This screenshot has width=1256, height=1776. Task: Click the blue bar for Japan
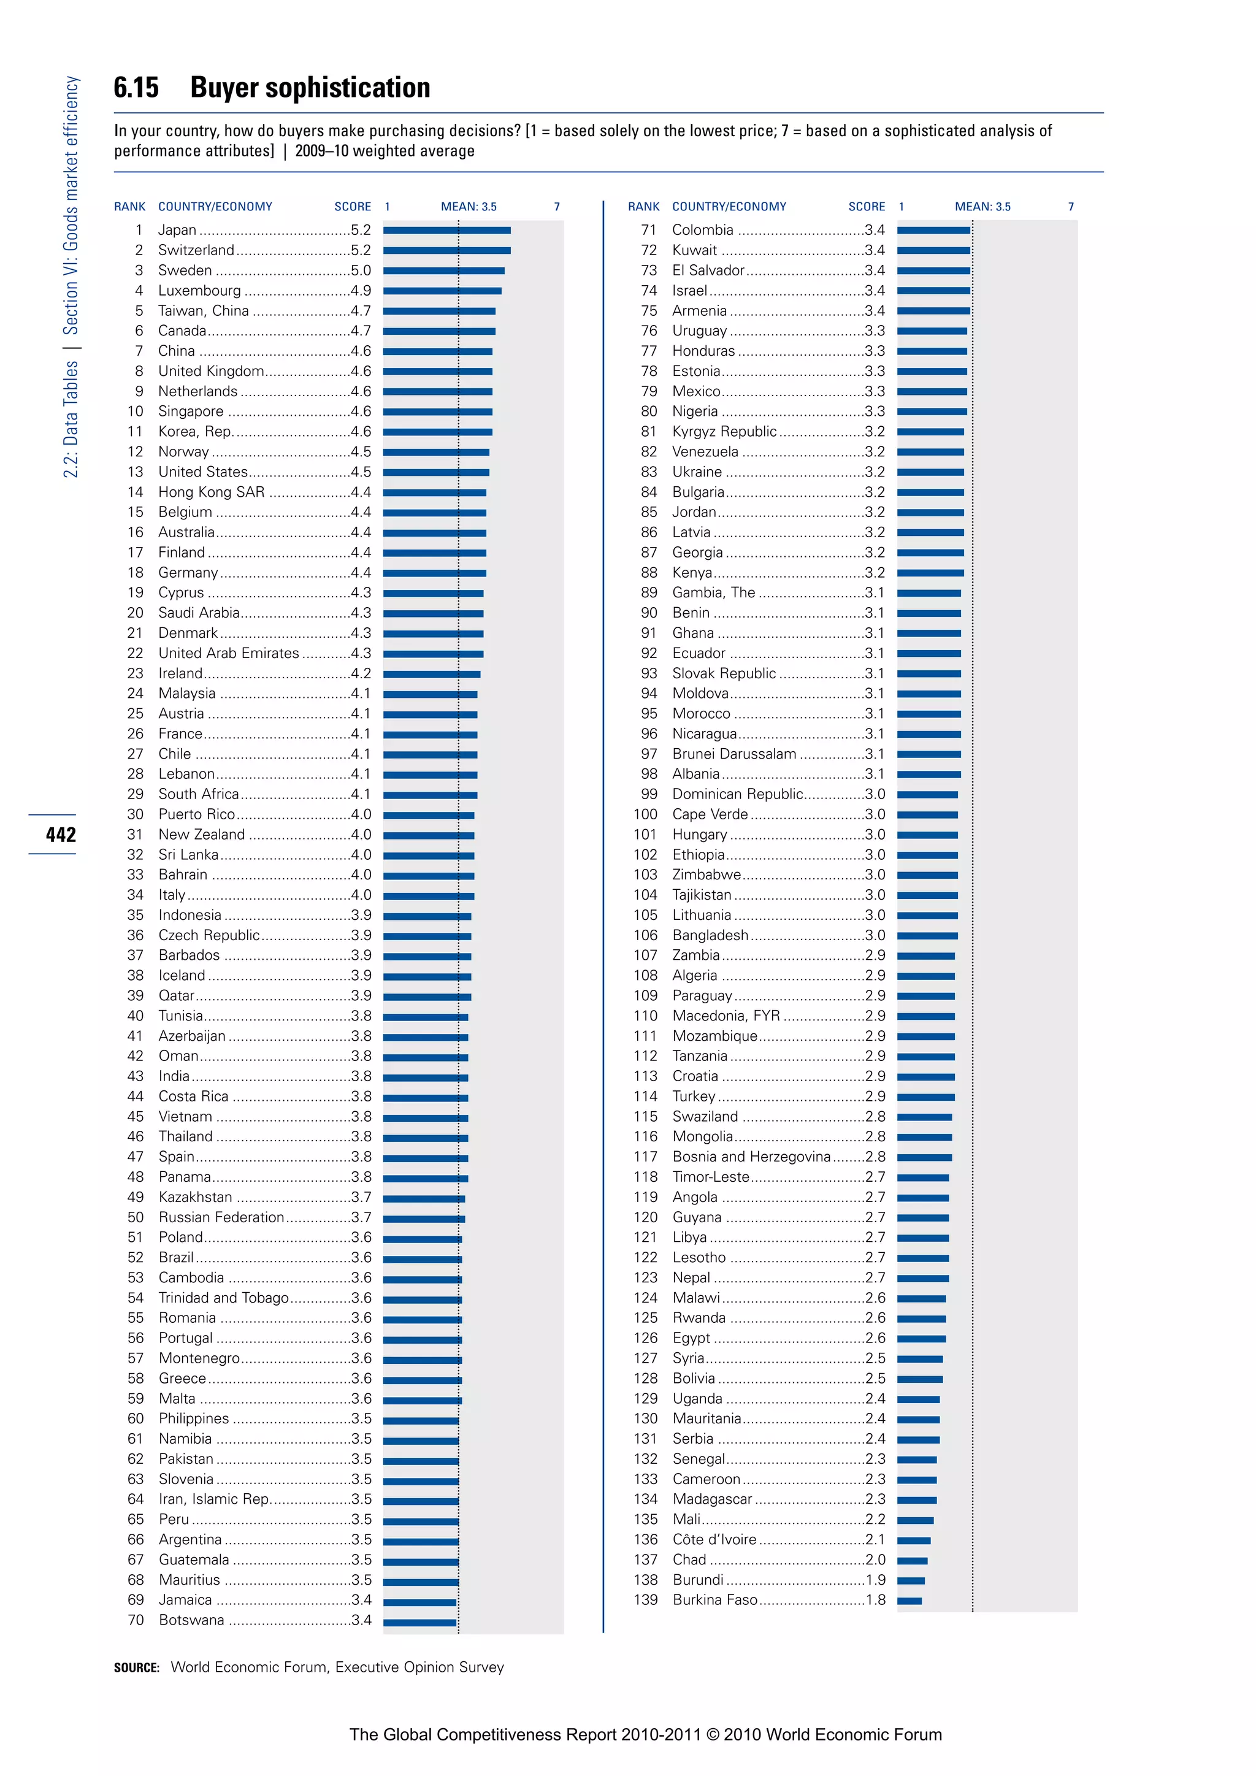(x=446, y=230)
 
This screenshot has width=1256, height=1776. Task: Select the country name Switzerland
(x=196, y=250)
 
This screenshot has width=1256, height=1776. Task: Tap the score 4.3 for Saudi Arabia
(x=361, y=613)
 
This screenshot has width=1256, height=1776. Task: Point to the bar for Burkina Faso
(x=909, y=1601)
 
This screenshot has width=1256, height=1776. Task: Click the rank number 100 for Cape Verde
(x=645, y=814)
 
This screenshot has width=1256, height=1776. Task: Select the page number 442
(x=60, y=835)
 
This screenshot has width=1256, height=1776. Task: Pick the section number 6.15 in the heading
(x=136, y=88)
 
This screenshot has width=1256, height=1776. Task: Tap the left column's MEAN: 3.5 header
(x=469, y=207)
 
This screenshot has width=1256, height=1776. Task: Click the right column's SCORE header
(x=866, y=207)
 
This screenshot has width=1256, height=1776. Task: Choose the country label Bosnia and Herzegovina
(x=751, y=1157)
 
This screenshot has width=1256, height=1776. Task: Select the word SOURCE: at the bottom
(x=136, y=1667)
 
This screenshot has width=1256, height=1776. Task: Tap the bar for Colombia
(x=933, y=230)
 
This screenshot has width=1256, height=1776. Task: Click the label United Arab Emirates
(x=228, y=653)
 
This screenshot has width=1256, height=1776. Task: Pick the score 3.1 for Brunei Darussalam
(x=875, y=754)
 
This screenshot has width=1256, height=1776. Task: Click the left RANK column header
(x=129, y=207)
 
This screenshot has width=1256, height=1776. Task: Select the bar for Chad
(x=912, y=1560)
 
